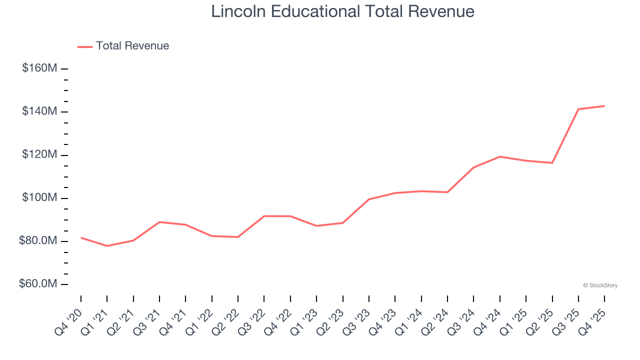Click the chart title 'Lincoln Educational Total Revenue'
[x=342, y=11]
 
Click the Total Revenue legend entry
[x=123, y=46]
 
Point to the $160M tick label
[x=39, y=68]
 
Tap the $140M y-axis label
[x=39, y=111]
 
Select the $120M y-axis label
[x=39, y=154]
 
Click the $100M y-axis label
[x=39, y=198]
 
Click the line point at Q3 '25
[x=578, y=109]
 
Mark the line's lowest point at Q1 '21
[x=107, y=246]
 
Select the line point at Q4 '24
[x=500, y=156]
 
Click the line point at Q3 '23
[x=369, y=199]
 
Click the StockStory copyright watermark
[x=600, y=285]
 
